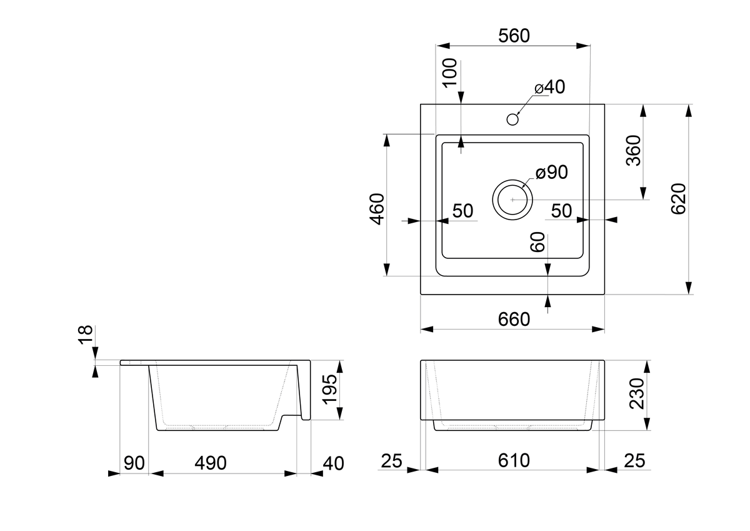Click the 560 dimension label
click(514, 36)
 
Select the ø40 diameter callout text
click(550, 88)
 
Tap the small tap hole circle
click(513, 118)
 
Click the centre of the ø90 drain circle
click(512, 200)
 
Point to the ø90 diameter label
click(551, 173)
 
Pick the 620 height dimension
click(679, 198)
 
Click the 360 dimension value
click(634, 150)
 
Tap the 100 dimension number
click(450, 75)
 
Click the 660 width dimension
click(514, 319)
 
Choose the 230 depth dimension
click(636, 393)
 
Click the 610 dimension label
click(514, 461)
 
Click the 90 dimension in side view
click(134, 463)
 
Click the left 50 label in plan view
click(462, 211)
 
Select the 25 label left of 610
click(391, 462)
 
